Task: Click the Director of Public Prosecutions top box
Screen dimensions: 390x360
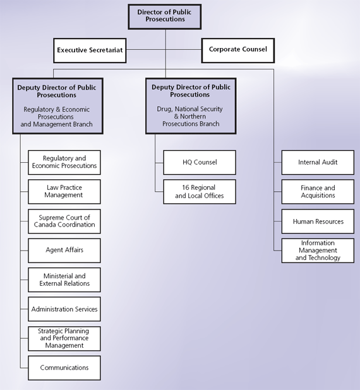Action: [165, 16]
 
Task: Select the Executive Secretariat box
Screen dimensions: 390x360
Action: [90, 50]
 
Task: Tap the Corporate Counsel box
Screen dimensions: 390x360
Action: [237, 50]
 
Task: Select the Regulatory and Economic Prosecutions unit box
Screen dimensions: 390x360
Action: [64, 162]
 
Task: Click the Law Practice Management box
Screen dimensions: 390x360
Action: [64, 192]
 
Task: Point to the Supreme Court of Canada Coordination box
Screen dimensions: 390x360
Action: [64, 221]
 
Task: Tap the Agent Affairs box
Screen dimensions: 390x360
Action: [64, 251]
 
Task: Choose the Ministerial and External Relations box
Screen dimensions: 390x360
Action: [64, 280]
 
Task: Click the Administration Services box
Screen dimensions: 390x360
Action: [64, 309]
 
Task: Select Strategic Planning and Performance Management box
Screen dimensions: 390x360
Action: [64, 338]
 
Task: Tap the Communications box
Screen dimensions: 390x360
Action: [64, 368]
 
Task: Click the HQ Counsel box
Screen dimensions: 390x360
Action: [200, 162]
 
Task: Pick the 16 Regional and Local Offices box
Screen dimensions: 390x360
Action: [200, 192]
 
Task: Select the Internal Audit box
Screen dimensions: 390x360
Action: [318, 162]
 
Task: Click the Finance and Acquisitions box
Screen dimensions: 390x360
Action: [318, 192]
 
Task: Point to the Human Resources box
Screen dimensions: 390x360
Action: [318, 222]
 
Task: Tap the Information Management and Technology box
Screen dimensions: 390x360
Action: [318, 251]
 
